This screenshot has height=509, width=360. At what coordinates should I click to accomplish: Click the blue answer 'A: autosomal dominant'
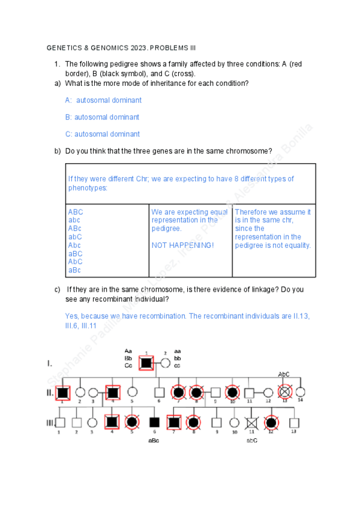(103, 100)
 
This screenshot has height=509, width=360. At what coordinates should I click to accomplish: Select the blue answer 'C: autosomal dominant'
(103, 134)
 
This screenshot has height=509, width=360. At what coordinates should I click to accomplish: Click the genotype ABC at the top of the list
(76, 212)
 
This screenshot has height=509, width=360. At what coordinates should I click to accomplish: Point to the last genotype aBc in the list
(75, 270)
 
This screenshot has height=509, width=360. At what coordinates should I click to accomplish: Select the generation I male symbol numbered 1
(146, 363)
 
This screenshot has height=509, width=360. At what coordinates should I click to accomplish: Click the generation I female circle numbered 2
(165, 363)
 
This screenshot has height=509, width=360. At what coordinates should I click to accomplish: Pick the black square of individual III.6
(154, 423)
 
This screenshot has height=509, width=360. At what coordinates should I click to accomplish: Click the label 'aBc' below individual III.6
(154, 441)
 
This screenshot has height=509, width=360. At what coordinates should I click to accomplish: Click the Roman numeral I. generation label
(50, 363)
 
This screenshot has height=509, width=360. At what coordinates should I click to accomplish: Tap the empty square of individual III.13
(293, 423)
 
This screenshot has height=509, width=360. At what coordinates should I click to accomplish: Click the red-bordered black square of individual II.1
(63, 393)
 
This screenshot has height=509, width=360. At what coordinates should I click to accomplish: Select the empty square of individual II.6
(158, 393)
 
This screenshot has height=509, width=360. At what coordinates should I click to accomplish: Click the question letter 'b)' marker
(58, 151)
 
